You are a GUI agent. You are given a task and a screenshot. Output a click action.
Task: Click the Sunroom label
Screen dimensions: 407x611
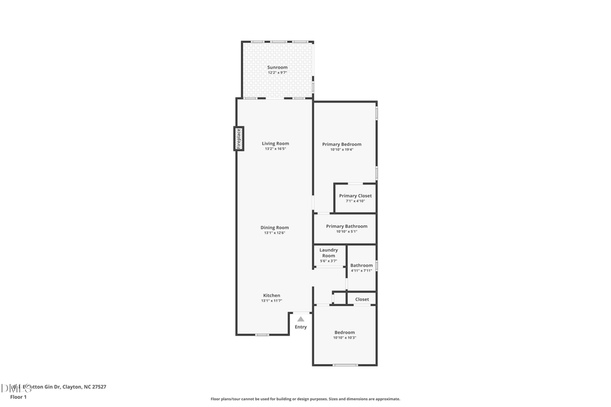tap(277, 67)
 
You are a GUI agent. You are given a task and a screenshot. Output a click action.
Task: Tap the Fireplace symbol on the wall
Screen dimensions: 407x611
tap(239, 138)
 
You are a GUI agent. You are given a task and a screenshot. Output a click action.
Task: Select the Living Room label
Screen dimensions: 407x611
tap(276, 143)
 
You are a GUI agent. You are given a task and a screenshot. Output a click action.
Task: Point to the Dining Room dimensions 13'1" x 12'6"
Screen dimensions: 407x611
tap(275, 233)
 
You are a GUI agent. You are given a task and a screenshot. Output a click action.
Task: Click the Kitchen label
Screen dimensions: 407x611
tap(272, 295)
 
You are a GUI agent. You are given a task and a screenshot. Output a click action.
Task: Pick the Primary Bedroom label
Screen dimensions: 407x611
tap(341, 144)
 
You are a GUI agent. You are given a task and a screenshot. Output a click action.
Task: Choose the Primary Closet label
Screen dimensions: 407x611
tap(355, 195)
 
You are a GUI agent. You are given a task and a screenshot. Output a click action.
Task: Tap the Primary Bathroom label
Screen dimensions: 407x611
tap(346, 226)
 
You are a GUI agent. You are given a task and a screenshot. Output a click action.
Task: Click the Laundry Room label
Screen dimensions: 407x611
tap(329, 252)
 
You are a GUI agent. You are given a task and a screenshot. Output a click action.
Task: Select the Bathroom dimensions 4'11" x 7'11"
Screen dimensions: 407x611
tap(361, 271)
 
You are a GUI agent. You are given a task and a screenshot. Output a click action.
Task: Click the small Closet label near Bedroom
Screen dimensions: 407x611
tap(362, 299)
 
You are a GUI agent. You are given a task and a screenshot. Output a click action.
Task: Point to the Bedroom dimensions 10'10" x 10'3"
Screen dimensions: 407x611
tap(344, 337)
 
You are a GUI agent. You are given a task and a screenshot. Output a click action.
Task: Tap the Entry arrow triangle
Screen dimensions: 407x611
tap(301, 319)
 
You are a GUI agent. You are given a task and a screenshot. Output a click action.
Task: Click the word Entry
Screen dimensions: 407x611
tap(301, 327)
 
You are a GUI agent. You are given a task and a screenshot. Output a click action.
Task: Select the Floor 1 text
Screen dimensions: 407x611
tap(18, 397)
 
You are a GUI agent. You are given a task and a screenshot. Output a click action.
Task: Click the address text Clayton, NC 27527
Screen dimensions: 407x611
tap(84, 387)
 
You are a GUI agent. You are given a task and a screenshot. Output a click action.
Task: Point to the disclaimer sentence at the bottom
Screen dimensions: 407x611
tap(305, 399)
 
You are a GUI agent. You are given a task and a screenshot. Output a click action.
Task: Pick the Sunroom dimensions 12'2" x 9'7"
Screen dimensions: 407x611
tap(277, 73)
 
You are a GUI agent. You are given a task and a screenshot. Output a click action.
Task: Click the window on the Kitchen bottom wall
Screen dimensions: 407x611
tap(261, 334)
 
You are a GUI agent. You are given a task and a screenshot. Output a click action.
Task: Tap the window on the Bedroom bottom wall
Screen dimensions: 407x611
tap(345, 365)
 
